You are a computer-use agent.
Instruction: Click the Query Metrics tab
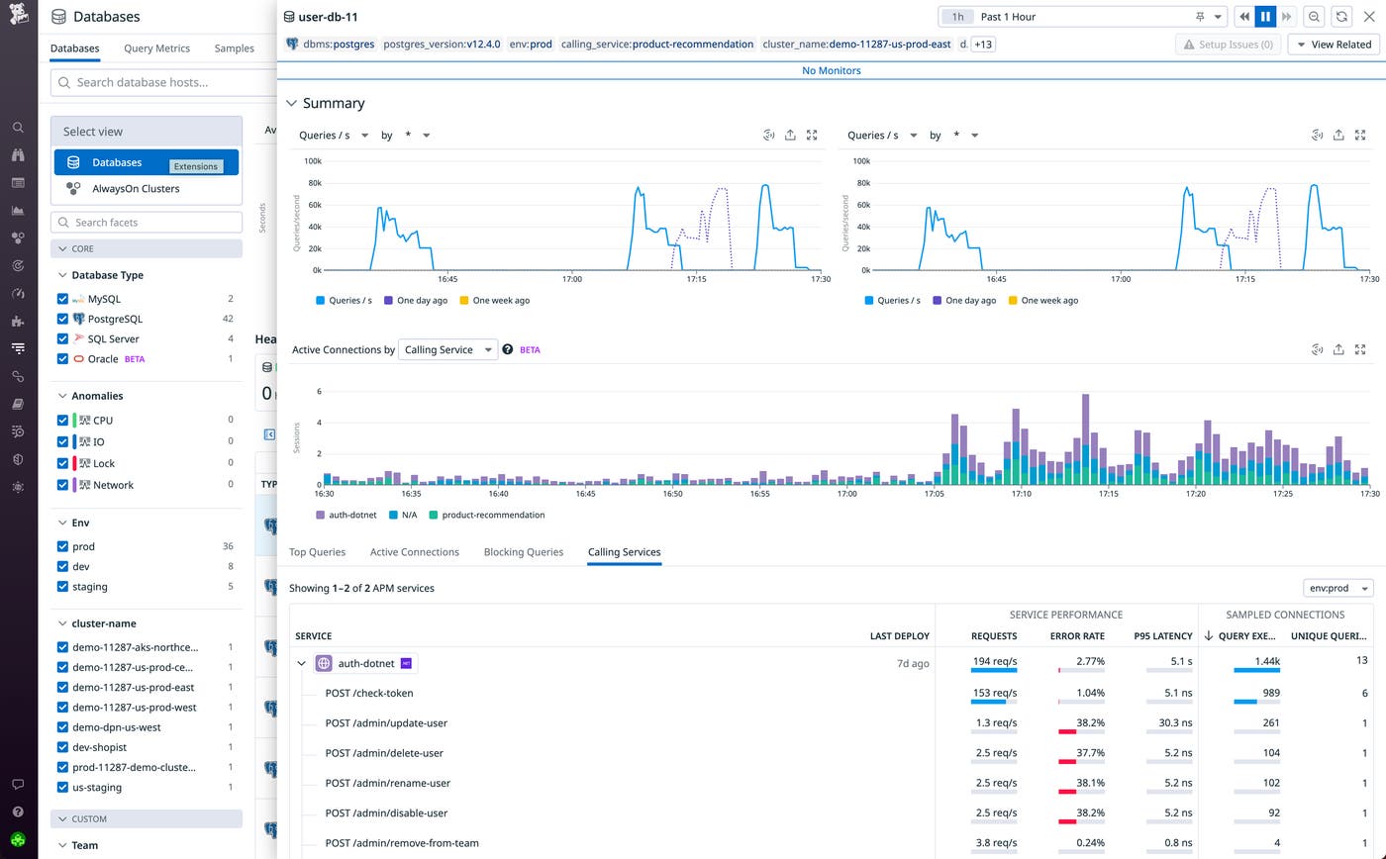point(156,48)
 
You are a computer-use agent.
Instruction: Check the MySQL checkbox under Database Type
point(63,299)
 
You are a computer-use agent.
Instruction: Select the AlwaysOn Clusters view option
point(136,188)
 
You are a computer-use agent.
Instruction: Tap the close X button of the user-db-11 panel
point(1369,17)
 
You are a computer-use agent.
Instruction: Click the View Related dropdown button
point(1333,45)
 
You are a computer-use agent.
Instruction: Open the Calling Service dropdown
point(447,349)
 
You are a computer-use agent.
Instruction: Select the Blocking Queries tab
point(523,552)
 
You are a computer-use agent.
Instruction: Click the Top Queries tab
point(317,552)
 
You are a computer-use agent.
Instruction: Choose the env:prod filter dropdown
point(1337,588)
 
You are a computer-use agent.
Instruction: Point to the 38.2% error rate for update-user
point(1090,723)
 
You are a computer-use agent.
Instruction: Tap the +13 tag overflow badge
point(984,45)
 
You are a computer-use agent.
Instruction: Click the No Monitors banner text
point(831,70)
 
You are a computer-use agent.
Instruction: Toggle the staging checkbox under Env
point(63,587)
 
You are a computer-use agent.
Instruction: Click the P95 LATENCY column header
point(1163,636)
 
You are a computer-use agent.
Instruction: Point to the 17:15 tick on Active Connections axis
point(1108,493)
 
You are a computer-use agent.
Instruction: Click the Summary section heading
point(334,103)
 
